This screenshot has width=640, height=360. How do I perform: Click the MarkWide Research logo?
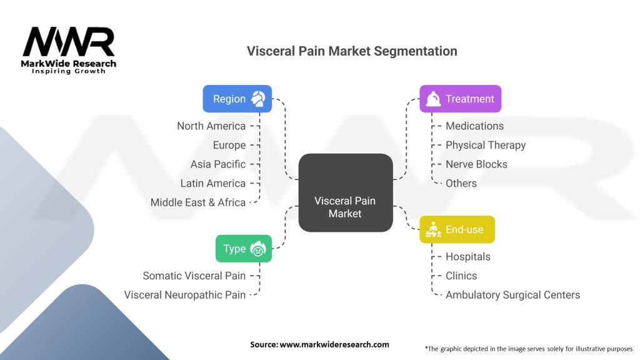(x=69, y=50)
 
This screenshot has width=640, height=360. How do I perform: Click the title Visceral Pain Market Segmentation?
(x=352, y=51)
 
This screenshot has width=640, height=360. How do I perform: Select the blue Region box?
(x=237, y=99)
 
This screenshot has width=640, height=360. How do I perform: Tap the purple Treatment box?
(x=460, y=99)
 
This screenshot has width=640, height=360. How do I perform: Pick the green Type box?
(x=243, y=248)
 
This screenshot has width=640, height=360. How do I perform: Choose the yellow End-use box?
(x=457, y=229)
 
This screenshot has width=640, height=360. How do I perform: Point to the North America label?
(x=211, y=126)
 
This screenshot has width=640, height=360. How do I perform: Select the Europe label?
(x=229, y=145)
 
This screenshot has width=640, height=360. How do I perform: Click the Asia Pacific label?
(x=218, y=164)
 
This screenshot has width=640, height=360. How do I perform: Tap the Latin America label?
(x=213, y=183)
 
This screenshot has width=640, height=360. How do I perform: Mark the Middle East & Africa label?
(x=198, y=202)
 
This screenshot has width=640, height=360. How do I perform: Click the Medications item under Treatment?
(x=474, y=126)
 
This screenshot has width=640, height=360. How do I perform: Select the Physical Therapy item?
(x=486, y=145)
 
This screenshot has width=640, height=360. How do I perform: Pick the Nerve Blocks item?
(x=476, y=164)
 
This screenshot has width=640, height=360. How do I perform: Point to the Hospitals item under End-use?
(x=468, y=257)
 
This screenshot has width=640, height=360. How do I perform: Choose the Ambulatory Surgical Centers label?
(x=512, y=295)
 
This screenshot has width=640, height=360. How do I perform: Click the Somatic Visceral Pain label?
(x=194, y=276)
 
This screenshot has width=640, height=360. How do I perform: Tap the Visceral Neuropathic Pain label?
(x=185, y=295)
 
